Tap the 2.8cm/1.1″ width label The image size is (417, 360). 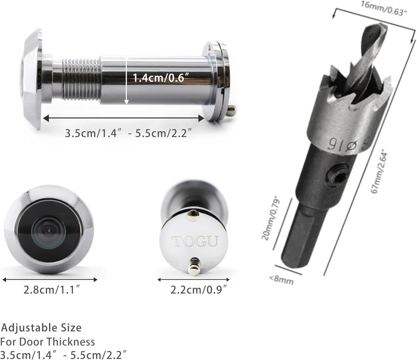click(52, 290)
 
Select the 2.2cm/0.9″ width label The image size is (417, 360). click(199, 290)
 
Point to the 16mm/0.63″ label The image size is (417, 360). click(384, 8)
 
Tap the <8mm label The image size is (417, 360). click(281, 279)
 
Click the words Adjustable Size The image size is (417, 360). click(41, 327)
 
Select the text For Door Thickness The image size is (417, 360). click(48, 342)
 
